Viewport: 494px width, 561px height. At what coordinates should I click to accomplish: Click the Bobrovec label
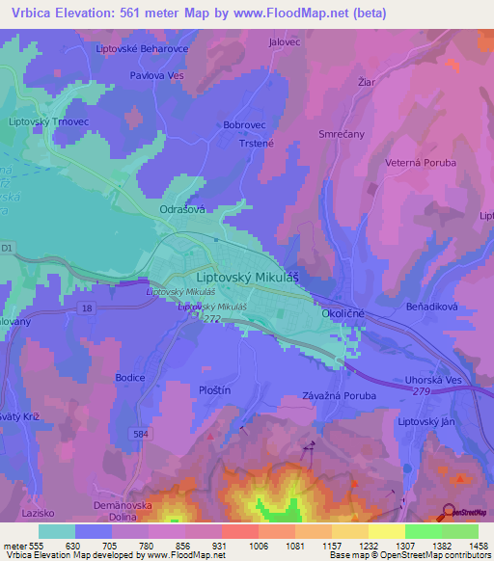point(243,125)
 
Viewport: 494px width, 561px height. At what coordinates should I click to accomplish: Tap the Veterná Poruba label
point(421,163)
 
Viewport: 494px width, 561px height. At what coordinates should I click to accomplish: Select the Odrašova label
point(179,207)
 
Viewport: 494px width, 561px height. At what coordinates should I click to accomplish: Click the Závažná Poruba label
point(338,395)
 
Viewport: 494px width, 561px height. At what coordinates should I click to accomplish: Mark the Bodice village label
point(129,377)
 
